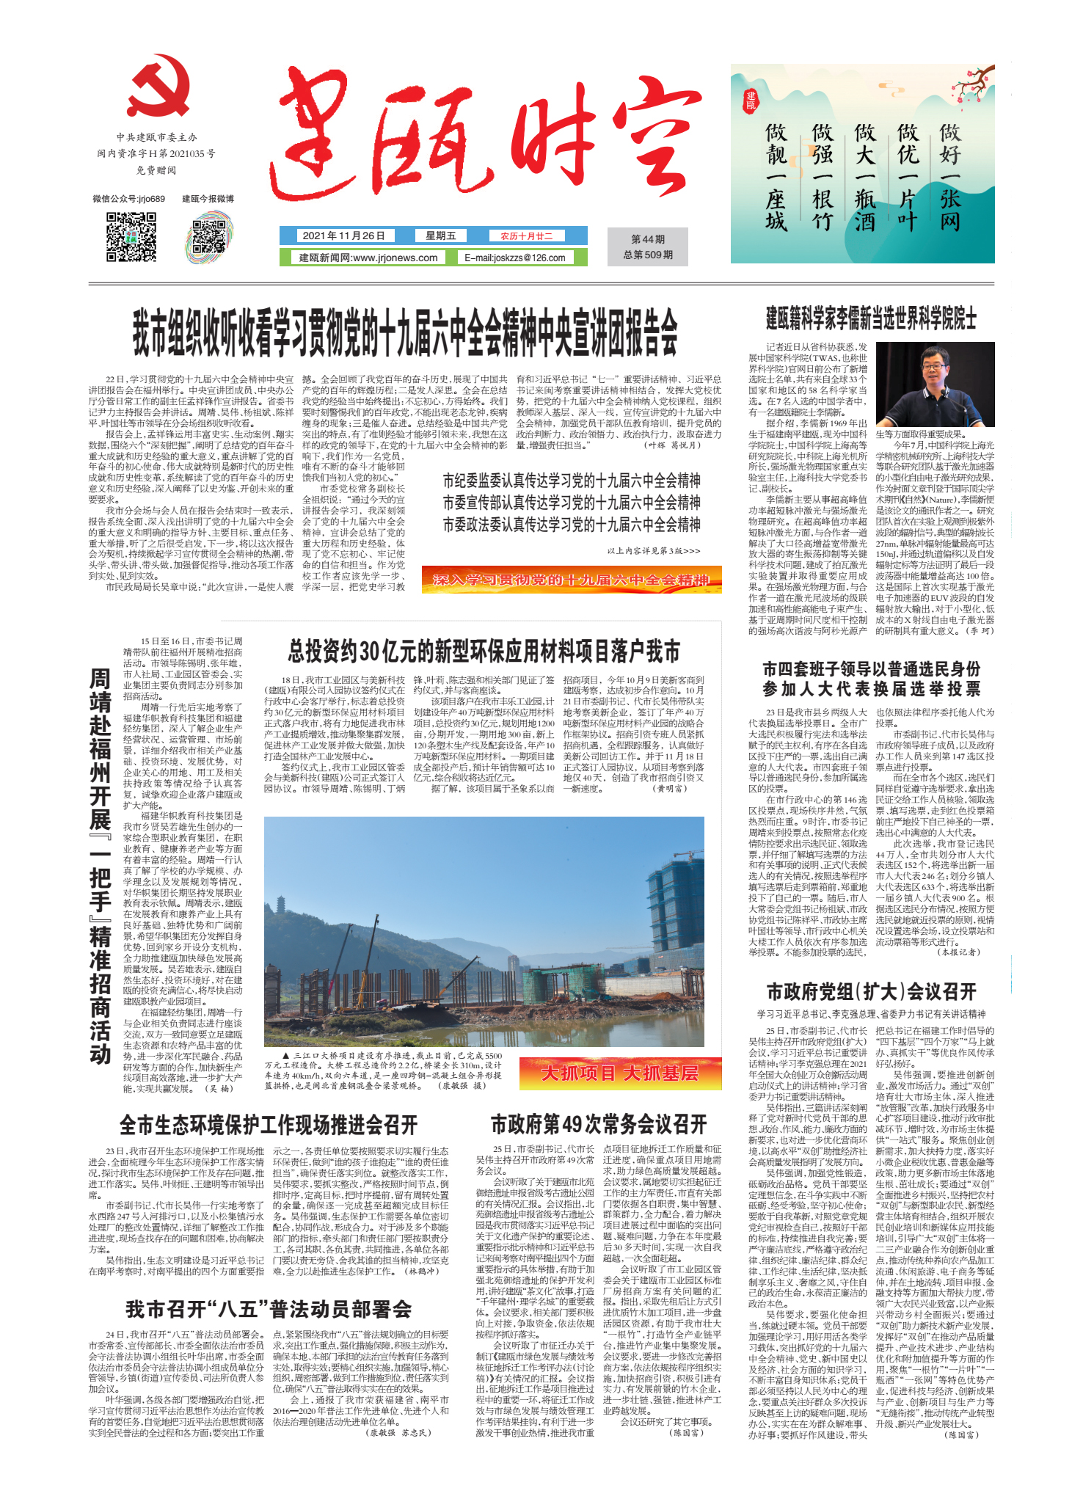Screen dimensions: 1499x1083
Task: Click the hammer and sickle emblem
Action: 158,86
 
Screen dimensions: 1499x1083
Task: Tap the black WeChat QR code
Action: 131,236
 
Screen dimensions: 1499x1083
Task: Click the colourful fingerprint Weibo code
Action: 209,237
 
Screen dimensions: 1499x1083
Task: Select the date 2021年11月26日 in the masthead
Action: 343,236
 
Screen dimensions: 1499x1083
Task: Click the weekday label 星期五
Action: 440,236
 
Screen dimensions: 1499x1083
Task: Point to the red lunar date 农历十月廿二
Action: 526,236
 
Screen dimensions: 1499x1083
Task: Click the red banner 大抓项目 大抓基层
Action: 619,1073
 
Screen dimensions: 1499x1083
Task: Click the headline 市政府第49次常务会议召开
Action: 599,1124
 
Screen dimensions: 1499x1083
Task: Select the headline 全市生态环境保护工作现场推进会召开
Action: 269,1125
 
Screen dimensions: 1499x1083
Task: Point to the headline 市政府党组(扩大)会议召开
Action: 871,992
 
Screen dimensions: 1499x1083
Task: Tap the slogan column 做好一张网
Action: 950,177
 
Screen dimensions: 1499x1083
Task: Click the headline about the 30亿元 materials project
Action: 484,651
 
